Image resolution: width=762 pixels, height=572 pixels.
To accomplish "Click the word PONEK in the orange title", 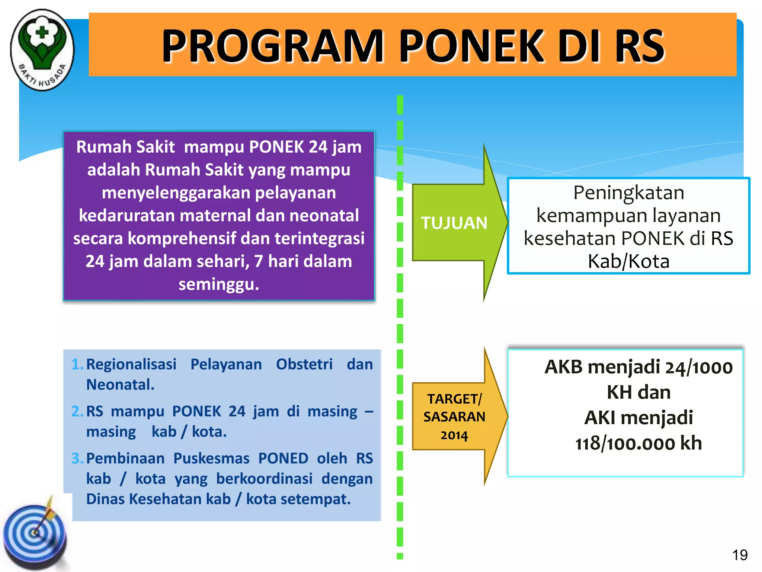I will (472, 46).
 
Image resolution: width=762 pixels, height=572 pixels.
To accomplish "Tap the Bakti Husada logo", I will (42, 50).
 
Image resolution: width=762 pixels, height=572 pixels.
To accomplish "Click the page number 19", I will (740, 555).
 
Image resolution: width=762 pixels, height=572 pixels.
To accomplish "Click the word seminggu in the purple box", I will (219, 284).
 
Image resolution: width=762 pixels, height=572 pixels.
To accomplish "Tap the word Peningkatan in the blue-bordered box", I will (628, 193).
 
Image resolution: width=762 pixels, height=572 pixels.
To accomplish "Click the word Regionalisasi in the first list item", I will (131, 364).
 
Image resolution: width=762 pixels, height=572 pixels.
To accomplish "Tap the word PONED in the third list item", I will (283, 458).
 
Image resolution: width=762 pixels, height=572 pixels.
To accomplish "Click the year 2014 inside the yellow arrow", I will (454, 435).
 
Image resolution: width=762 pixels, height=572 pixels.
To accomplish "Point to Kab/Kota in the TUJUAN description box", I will (628, 261).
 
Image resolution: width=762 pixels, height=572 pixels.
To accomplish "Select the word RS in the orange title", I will (639, 46).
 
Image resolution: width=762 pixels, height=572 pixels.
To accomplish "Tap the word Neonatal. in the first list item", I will (120, 385).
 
